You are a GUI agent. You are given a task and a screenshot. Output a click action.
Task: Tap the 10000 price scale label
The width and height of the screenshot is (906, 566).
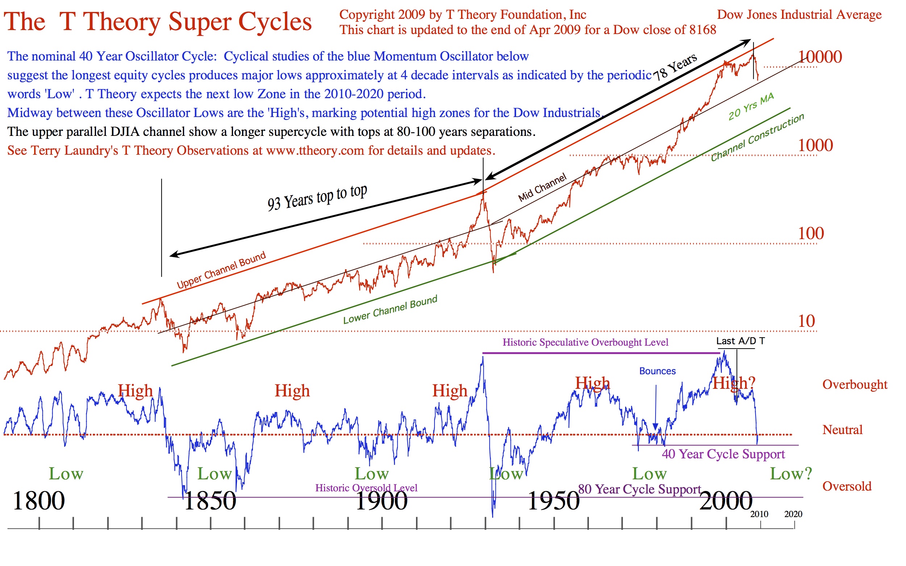click(x=820, y=57)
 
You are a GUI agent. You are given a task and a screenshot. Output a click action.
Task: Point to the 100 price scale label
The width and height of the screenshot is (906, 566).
click(x=811, y=234)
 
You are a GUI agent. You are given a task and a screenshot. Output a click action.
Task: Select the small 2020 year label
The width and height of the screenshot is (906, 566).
click(x=793, y=514)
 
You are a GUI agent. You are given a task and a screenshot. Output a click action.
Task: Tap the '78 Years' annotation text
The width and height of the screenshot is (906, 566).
click(x=675, y=67)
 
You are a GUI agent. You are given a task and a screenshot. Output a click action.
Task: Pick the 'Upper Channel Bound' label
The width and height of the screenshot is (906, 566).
click(x=221, y=270)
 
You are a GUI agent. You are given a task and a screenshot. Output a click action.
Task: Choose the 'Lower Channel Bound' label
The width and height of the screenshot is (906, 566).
click(x=390, y=309)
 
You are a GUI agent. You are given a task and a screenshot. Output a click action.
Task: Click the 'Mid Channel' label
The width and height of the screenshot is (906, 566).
click(x=542, y=187)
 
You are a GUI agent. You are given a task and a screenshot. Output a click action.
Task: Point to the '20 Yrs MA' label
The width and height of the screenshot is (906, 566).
click(x=751, y=107)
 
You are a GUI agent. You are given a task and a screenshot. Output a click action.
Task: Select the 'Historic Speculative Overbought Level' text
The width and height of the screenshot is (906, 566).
click(x=585, y=342)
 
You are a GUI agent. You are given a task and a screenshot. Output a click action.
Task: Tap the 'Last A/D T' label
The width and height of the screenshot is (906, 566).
click(x=740, y=341)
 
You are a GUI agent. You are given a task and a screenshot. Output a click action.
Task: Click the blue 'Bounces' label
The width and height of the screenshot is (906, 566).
click(x=657, y=371)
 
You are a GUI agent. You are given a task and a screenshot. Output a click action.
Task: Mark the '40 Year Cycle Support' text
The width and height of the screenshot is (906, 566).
click(x=723, y=454)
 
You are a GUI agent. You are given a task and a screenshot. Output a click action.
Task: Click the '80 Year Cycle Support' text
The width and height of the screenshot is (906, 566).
click(x=639, y=489)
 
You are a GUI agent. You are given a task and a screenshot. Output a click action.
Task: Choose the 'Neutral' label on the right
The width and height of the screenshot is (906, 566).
click(x=842, y=430)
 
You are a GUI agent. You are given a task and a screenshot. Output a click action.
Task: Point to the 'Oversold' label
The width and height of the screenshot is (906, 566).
click(x=847, y=486)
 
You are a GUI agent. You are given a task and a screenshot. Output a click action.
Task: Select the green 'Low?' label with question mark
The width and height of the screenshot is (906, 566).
click(x=791, y=474)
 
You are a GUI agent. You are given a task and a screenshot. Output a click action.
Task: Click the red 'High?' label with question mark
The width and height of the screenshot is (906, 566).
click(x=734, y=383)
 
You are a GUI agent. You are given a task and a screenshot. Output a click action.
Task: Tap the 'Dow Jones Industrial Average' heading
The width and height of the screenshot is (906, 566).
click(x=799, y=14)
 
